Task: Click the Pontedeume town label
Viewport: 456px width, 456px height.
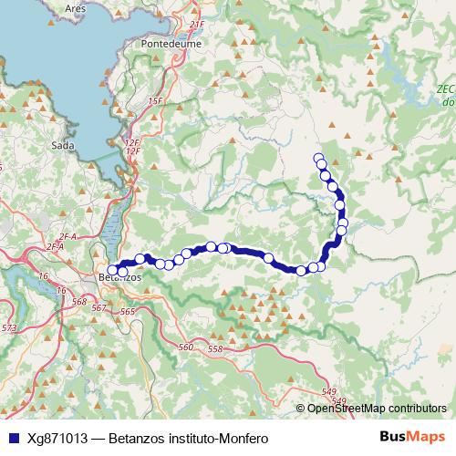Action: pos(188,67)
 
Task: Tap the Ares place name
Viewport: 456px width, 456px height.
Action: pos(77,7)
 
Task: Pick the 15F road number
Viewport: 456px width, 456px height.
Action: pos(154,101)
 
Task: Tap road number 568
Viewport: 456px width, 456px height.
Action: pos(79,302)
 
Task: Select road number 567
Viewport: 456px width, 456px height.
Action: pos(99,308)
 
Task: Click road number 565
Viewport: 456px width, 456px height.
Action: pos(127,312)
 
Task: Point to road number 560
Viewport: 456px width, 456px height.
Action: pos(187,347)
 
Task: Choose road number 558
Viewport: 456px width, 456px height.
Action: pos(216,349)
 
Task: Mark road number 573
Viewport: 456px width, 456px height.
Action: pos(9,327)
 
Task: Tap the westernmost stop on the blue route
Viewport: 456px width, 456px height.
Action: pos(112,270)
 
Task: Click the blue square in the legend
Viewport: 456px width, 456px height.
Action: pos(11,438)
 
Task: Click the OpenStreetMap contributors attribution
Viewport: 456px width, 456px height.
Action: pos(378,408)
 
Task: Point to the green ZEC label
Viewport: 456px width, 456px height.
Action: pos(446,88)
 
